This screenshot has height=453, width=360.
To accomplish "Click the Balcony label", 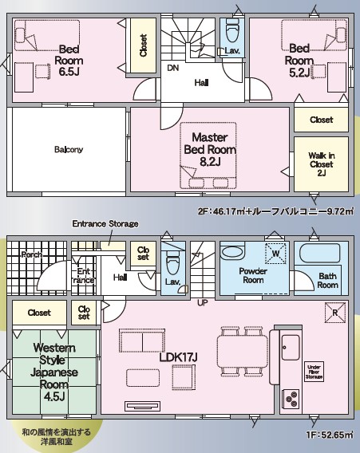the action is [x=69, y=149].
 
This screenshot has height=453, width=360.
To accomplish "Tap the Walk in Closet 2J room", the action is [x=321, y=163].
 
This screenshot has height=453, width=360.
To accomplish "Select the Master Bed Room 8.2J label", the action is [x=210, y=149].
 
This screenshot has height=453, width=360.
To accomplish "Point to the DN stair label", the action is [x=173, y=68].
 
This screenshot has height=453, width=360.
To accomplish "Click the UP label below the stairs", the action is [x=203, y=303].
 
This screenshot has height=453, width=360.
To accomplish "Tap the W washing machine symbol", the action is [x=275, y=254].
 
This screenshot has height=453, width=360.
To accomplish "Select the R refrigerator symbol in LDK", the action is [x=335, y=313].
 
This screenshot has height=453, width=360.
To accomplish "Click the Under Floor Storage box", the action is [x=314, y=372].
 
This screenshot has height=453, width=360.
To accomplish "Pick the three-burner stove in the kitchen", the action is [x=291, y=399].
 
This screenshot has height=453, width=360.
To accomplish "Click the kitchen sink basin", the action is [x=291, y=347].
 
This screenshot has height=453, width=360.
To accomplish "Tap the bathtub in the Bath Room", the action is [x=319, y=253].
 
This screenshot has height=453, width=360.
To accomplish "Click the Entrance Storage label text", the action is [x=105, y=223].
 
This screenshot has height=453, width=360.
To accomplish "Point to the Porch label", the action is [x=32, y=255].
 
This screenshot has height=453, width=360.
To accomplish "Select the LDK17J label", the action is [x=179, y=357].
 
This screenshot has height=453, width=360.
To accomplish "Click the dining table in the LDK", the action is [x=243, y=351].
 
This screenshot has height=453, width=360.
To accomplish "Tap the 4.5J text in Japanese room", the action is [x=54, y=396].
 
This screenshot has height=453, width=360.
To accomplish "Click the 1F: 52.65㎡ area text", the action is [x=330, y=435].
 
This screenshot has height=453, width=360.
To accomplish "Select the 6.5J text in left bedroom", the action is [x=69, y=71].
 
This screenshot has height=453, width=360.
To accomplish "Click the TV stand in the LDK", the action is [x=143, y=406].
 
